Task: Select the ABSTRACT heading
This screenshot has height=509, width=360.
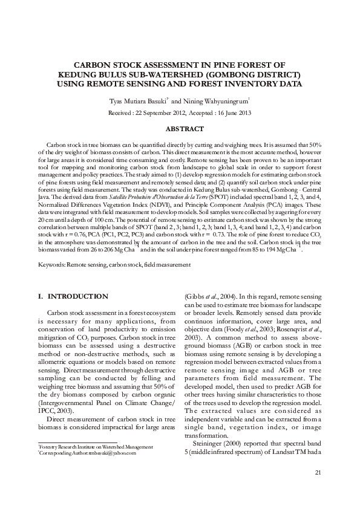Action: [x=180, y=129]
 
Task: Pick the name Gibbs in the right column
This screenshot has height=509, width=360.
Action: [x=197, y=297]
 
